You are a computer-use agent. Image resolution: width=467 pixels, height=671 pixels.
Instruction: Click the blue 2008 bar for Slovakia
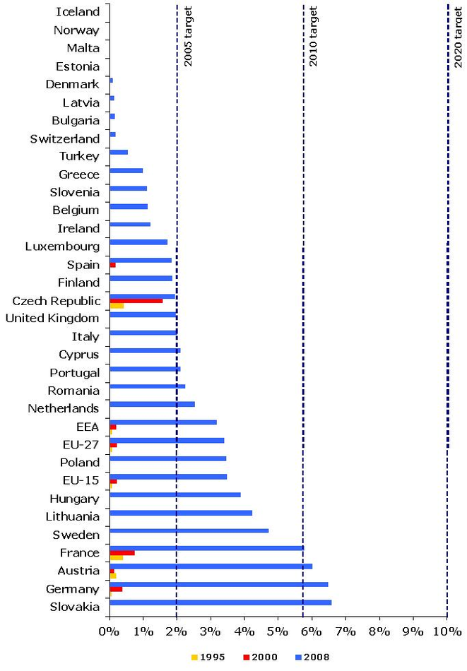[220, 602]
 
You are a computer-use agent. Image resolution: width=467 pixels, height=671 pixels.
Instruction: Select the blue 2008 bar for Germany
[219, 584]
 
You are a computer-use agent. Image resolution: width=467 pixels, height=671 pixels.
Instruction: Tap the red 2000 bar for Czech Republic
[136, 301]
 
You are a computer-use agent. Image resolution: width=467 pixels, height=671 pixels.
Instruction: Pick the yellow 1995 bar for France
[117, 557]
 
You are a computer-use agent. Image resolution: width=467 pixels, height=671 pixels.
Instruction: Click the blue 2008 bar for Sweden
[189, 530]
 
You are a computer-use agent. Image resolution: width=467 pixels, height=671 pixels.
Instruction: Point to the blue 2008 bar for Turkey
[119, 152]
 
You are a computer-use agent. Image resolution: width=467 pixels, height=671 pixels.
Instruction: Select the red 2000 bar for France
[122, 552]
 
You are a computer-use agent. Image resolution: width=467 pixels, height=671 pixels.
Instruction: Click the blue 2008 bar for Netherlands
[152, 404]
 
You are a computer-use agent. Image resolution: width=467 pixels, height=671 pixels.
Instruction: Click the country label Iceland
[77, 12]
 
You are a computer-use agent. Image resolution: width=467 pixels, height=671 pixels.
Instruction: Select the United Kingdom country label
[52, 318]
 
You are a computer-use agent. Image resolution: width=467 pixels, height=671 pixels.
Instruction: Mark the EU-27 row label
[81, 444]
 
